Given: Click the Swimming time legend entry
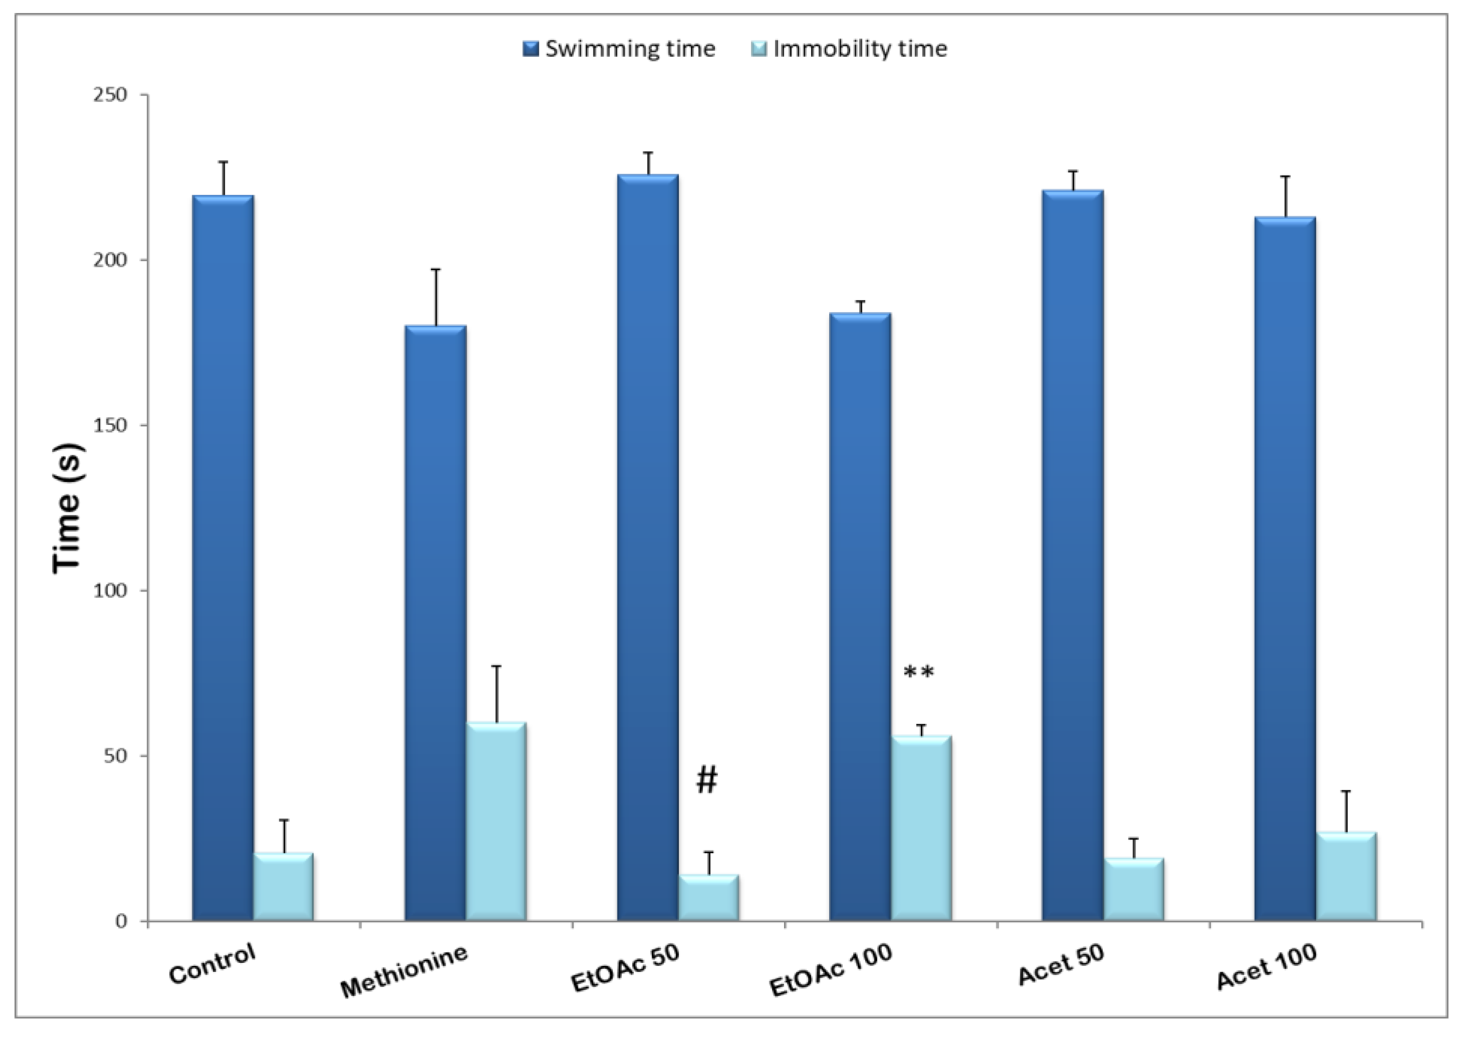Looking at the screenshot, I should coord(619,49).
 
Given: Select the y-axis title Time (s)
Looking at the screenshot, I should coord(68,508).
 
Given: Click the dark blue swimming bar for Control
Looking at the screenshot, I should coord(223,557).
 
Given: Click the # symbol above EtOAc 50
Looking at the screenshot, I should coord(706,779).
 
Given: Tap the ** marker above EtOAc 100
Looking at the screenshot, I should coord(919,673).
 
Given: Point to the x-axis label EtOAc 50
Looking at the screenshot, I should coord(624,968).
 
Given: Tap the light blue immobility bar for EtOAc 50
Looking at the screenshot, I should coord(708,897).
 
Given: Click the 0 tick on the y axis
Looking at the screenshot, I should coord(122,921).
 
